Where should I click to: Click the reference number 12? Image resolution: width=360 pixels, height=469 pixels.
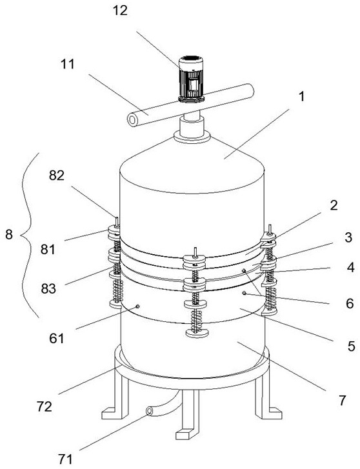coord(120,11)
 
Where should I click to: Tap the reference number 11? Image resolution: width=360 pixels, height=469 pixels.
coord(67,64)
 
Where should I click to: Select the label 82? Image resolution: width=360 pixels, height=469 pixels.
coord(57,175)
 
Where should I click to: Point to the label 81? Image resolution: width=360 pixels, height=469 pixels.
coord(48,249)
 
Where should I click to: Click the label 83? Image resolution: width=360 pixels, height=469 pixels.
coord(48,289)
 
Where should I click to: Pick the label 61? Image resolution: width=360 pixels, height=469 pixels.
coord(57,339)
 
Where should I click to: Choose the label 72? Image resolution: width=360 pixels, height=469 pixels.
coord(45,407)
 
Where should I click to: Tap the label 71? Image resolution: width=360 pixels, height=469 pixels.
coord(65,459)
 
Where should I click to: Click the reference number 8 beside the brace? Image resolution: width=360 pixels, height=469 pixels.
coord(9,235)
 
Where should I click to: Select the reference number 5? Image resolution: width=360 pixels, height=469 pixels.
coord(352,346)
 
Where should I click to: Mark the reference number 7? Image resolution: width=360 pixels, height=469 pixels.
coord(343,399)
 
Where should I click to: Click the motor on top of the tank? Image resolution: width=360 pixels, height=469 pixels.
coord(191,79)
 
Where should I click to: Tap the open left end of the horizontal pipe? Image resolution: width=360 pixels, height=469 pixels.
coord(132,119)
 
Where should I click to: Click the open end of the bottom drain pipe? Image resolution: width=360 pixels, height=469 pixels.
coord(149,412)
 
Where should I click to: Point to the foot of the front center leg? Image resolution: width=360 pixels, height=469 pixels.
coord(186,434)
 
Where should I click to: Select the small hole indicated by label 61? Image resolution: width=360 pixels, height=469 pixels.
coord(137,306)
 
